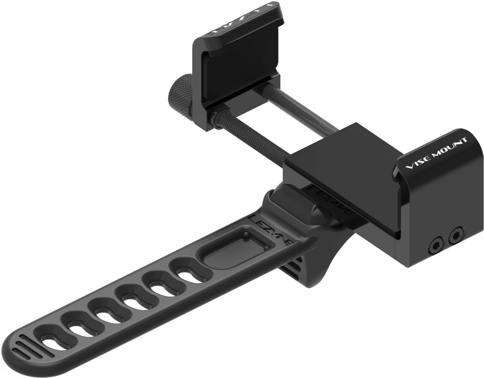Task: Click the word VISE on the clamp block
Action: pyautogui.click(x=416, y=160)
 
